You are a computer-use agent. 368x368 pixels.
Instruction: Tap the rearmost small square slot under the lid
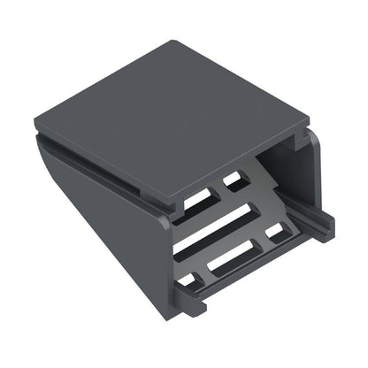click(x=234, y=180)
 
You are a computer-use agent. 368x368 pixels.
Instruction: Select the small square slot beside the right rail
click(x=275, y=231)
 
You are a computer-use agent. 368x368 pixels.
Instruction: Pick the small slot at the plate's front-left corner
click(x=188, y=281)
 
